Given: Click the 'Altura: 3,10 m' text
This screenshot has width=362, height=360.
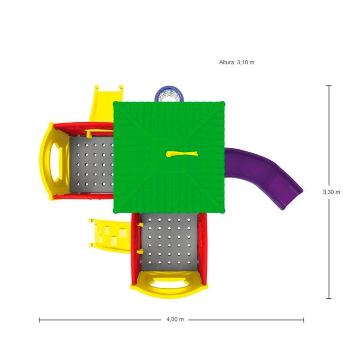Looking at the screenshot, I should pos(237,62).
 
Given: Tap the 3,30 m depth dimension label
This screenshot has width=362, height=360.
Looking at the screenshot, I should pos(331,192).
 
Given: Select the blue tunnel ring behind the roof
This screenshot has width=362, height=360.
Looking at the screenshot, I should pos(169,93).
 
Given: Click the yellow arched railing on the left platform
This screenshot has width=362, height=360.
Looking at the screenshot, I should pos(51,160).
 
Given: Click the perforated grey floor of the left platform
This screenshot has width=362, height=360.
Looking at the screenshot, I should pos(92,165).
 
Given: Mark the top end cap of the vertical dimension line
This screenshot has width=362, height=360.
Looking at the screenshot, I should pos(329,86).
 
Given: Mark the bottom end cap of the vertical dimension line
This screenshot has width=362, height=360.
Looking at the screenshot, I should pos(329,298).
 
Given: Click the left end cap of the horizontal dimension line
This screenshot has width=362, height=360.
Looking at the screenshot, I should pos(40,319).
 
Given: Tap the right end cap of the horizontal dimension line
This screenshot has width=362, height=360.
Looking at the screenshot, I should pos(304,319).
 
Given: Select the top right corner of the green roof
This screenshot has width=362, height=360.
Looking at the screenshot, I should pos(224,102).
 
